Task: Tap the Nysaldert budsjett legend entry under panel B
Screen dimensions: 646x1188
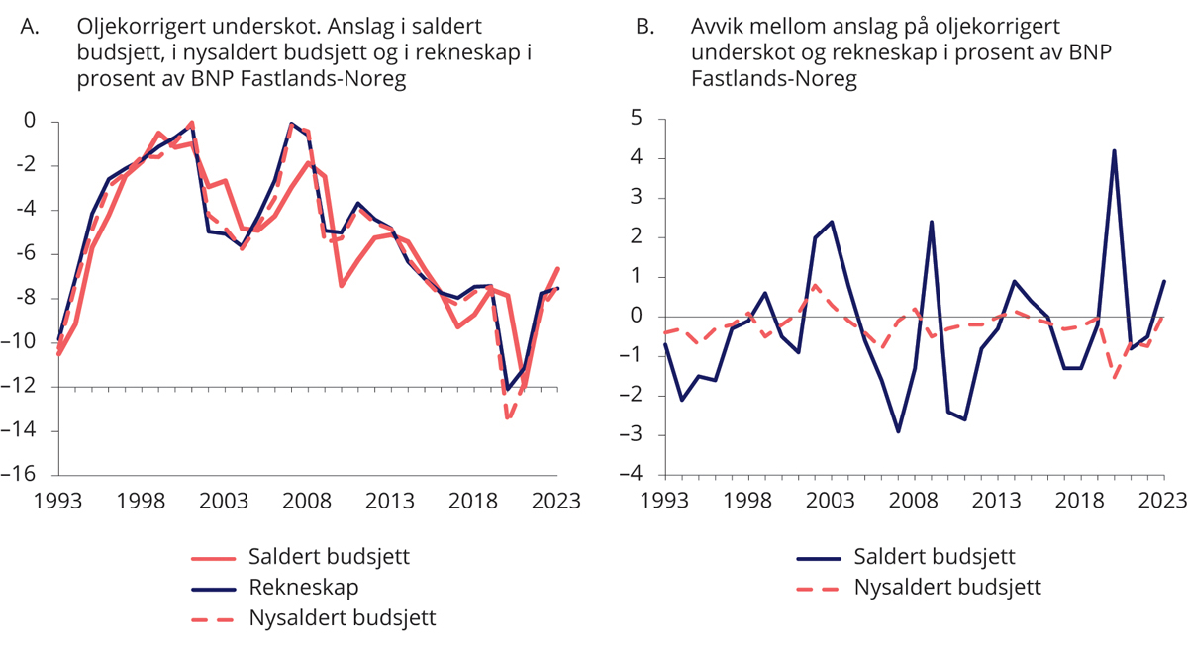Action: [x=947, y=588]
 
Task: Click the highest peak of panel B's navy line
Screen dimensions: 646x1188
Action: [x=1114, y=150]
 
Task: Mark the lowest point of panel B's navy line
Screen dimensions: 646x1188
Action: [x=898, y=431]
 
